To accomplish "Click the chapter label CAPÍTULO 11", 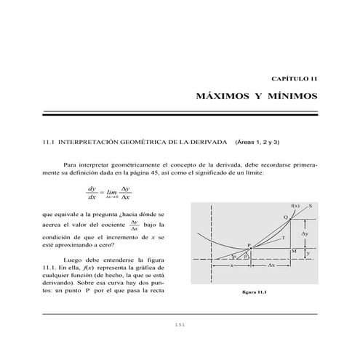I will (x=294, y=79).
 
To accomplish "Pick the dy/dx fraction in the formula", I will (x=92, y=193).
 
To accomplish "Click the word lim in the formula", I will (x=113, y=193).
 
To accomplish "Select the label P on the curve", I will (x=249, y=246).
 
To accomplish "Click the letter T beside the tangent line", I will (x=282, y=239).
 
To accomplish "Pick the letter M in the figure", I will (x=293, y=251).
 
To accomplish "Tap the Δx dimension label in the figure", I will (x=271, y=266).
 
